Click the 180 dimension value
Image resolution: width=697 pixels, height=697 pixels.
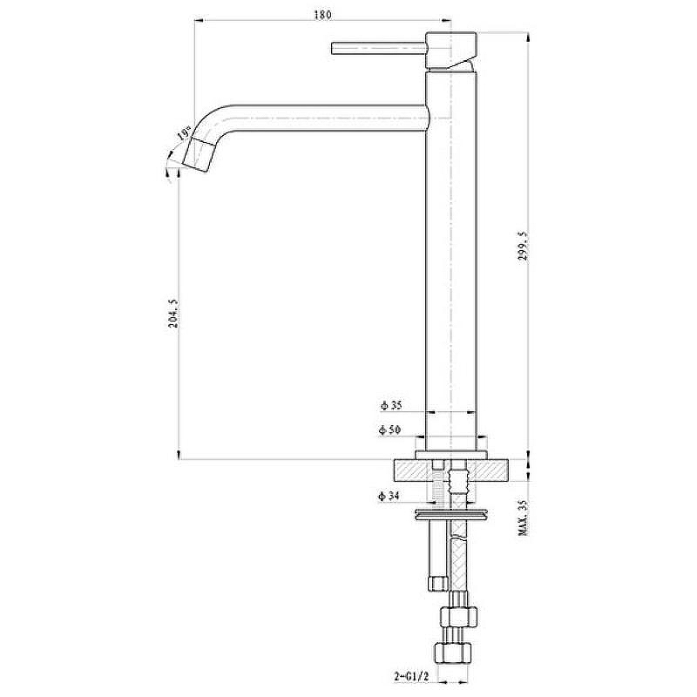322,15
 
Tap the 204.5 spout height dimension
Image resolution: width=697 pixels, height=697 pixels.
173,313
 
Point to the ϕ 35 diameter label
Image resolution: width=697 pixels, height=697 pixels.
391,405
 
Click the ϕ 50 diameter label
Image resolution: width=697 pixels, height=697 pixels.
389,430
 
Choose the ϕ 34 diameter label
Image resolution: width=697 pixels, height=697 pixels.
389,496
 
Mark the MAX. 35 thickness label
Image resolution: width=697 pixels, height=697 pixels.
524,518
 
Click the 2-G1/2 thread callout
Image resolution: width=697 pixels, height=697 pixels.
411,677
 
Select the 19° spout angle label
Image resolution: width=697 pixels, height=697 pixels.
184,133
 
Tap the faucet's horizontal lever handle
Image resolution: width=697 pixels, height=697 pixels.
379,48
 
